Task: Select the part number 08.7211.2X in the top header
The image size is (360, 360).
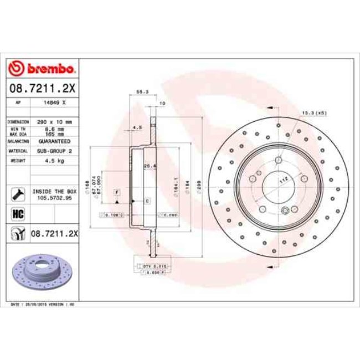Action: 42,88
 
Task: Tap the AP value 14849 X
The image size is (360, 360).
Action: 54,102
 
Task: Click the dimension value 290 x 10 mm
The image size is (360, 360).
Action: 54,121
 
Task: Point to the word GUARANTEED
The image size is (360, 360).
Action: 54,141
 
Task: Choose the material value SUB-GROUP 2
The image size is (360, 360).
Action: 54,151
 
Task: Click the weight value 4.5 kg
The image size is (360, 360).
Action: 54,160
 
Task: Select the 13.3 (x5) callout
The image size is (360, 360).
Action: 314,112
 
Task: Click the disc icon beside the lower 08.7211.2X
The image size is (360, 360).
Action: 17,234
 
